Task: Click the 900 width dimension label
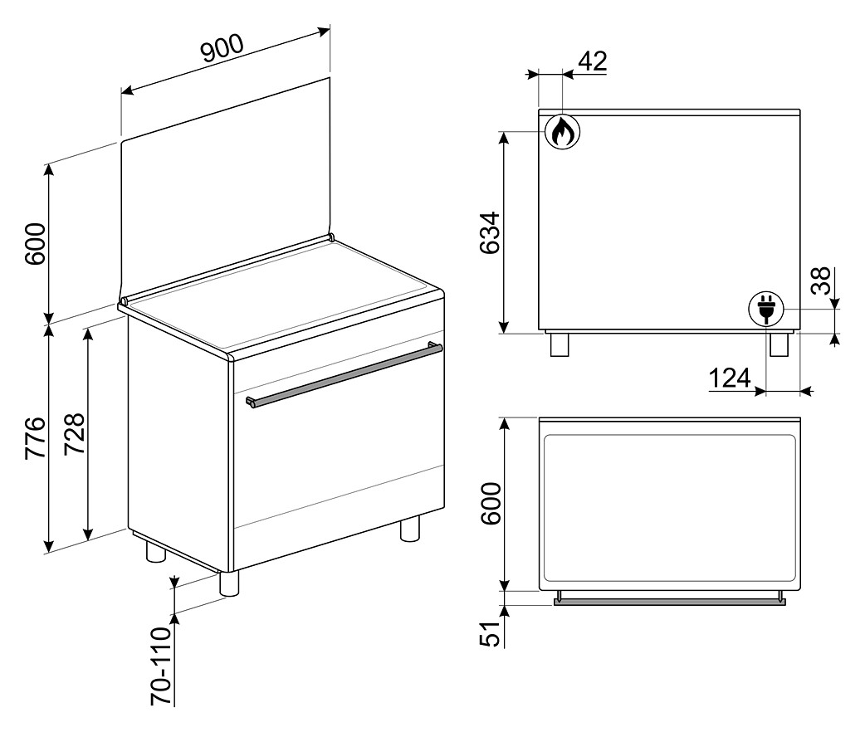[222, 47]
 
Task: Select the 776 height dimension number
[36, 438]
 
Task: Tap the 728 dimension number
[75, 433]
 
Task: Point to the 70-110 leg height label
[161, 666]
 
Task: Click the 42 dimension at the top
[593, 61]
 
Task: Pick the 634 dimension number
[489, 232]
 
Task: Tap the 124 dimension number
[730, 378]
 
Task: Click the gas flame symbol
[562, 132]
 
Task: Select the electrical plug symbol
[765, 309]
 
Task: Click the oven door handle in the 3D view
[345, 375]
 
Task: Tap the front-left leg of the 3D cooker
[229, 583]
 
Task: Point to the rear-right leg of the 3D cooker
[409, 529]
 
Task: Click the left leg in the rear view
[560, 344]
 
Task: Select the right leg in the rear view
[779, 344]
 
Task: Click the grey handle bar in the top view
[669, 601]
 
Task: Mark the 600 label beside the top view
[490, 504]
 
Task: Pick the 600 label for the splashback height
[36, 243]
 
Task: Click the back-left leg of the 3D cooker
[155, 551]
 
